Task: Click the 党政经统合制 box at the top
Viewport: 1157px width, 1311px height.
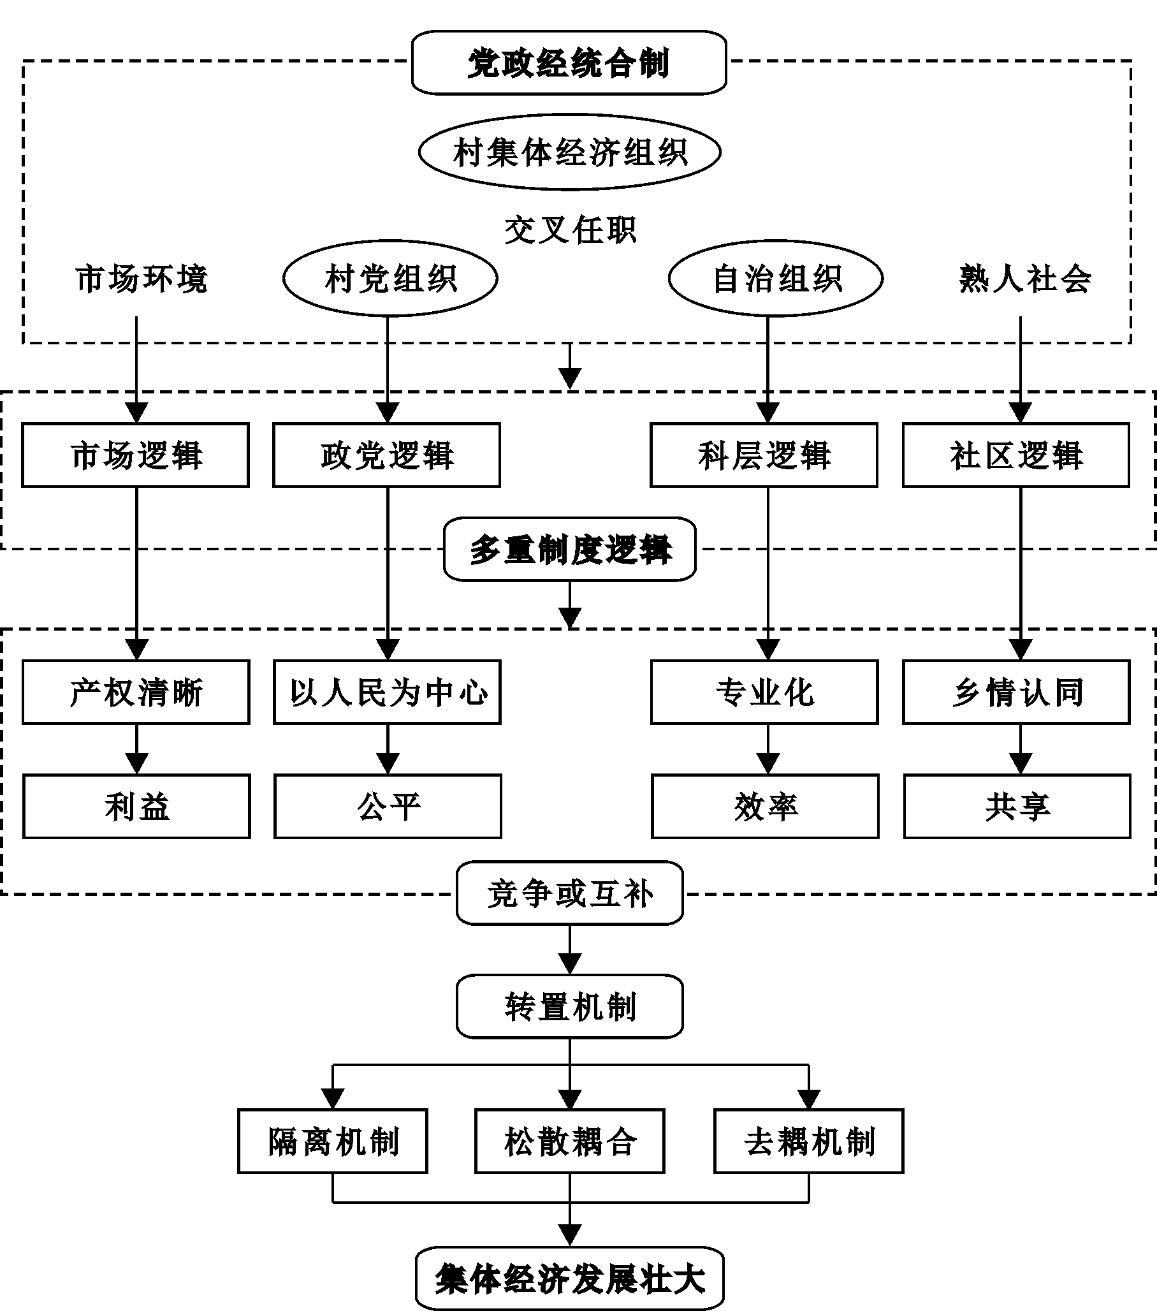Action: tap(569, 63)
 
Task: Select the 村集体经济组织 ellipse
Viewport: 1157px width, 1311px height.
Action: tap(569, 152)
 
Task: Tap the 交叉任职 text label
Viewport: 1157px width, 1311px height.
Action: tap(569, 230)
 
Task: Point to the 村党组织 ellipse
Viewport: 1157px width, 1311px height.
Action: tap(390, 279)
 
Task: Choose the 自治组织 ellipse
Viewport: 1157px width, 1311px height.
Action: tap(776, 279)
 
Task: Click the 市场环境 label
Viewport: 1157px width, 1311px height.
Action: tap(141, 279)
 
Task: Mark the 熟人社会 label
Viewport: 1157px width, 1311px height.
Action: tap(1025, 279)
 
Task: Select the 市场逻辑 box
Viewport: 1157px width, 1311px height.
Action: tap(136, 455)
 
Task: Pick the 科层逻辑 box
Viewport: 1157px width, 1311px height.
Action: tap(764, 455)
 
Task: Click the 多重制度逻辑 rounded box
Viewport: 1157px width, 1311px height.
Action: tap(569, 549)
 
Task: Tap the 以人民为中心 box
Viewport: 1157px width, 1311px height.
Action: tap(388, 692)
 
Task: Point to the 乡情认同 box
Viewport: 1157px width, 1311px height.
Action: tap(1017, 692)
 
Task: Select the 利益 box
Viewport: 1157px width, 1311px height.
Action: tap(136, 806)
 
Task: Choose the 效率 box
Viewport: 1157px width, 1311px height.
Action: tap(765, 806)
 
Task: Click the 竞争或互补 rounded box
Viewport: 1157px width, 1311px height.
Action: tap(569, 893)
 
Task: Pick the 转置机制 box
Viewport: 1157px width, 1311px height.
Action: tap(569, 1006)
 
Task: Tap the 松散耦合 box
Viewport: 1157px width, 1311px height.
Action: tap(569, 1141)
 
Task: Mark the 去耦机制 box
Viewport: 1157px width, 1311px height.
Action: tap(809, 1141)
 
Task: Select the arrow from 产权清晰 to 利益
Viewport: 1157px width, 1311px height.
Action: tap(136, 749)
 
